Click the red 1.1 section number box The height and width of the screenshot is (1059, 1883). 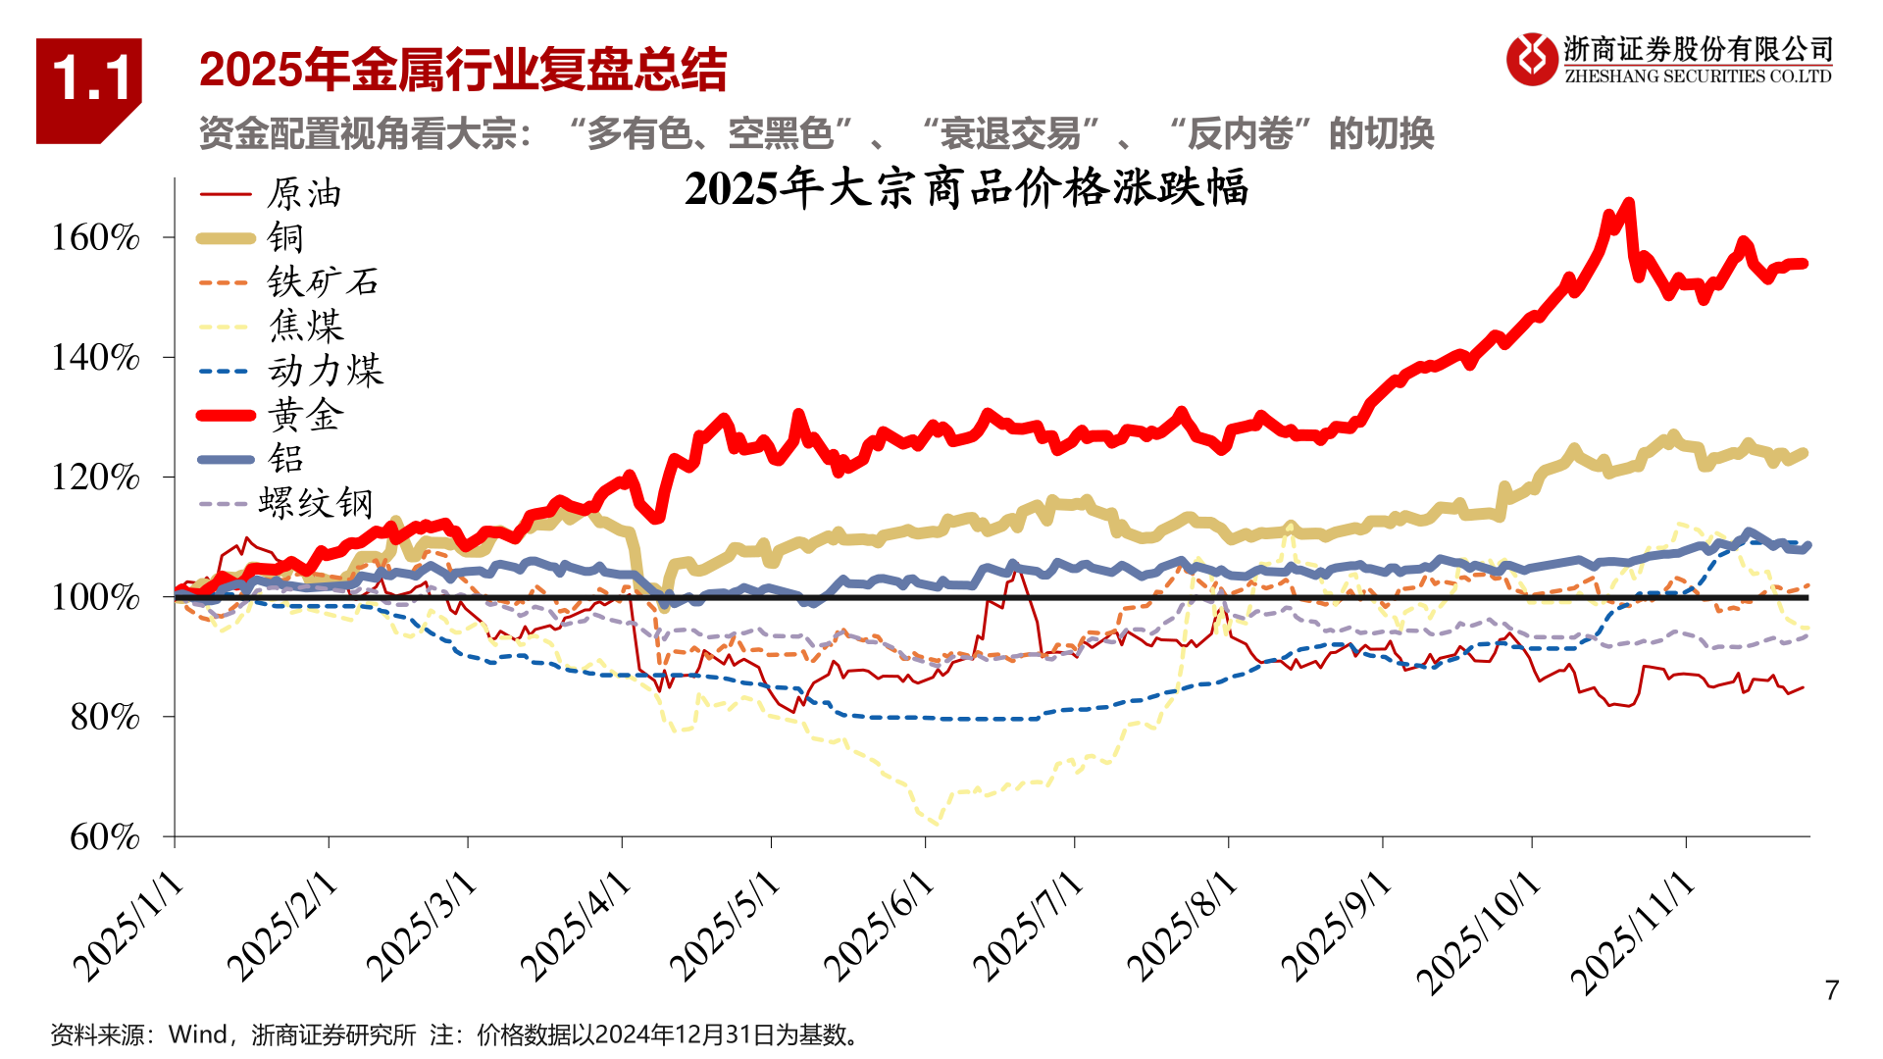[x=88, y=90]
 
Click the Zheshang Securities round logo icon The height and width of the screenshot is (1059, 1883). [x=1531, y=59]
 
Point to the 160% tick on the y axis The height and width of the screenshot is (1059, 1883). [x=95, y=237]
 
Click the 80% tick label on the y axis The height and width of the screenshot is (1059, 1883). [x=105, y=717]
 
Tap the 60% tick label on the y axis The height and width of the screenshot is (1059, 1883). [x=105, y=837]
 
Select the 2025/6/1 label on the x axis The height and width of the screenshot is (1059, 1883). [x=879, y=927]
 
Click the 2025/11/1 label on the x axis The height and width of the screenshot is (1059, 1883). [x=1632, y=932]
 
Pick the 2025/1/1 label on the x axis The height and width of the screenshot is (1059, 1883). [x=128, y=927]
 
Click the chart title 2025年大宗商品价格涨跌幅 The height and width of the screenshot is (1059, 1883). [x=966, y=188]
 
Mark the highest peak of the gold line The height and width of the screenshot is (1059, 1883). [x=1629, y=203]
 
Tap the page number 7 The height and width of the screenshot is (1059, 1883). [x=1831, y=990]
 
